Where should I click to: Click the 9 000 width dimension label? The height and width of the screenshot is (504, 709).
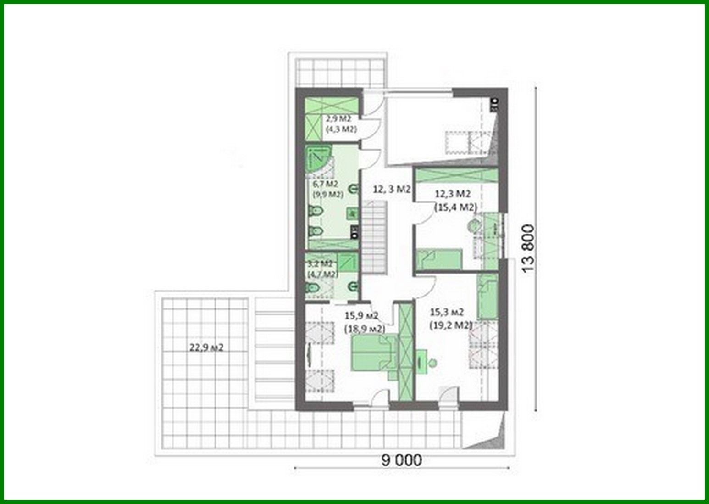pyautogui.click(x=402, y=459)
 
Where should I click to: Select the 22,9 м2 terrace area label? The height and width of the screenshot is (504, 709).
pyautogui.click(x=206, y=347)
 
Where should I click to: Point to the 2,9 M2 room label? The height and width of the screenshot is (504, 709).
pyautogui.click(x=338, y=119)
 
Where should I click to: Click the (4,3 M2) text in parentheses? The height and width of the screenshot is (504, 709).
pyautogui.click(x=341, y=129)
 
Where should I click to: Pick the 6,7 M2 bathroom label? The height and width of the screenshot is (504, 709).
pyautogui.click(x=325, y=184)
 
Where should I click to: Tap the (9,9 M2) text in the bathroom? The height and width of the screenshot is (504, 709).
pyautogui.click(x=328, y=194)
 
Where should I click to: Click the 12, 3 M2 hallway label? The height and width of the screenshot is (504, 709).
pyautogui.click(x=391, y=189)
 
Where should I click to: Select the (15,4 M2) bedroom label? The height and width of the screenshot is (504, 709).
pyautogui.click(x=455, y=207)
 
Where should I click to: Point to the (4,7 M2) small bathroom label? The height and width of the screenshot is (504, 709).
pyautogui.click(x=322, y=274)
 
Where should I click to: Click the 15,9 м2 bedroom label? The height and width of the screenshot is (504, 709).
pyautogui.click(x=361, y=316)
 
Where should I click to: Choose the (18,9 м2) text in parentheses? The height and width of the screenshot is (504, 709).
pyautogui.click(x=364, y=329)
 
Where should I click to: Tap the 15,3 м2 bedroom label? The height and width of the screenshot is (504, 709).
pyautogui.click(x=447, y=312)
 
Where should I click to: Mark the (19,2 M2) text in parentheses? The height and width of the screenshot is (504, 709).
pyautogui.click(x=451, y=325)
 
